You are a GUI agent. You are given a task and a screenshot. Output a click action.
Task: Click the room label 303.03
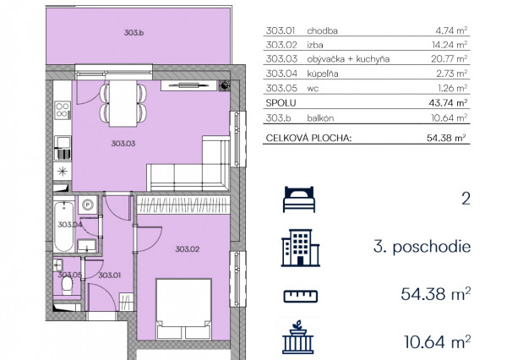pyautogui.click(x=123, y=144)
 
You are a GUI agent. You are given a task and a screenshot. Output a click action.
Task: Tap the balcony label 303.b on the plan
pyautogui.click(x=134, y=33)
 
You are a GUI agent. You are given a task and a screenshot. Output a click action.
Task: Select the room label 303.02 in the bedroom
pyautogui.click(x=188, y=249)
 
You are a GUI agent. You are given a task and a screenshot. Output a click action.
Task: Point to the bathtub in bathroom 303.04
pyautogui.click(x=64, y=226)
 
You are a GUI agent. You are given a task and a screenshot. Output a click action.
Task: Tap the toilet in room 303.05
pyautogui.click(x=67, y=286)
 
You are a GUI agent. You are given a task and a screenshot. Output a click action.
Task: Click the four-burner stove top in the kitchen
pyautogui.click(x=63, y=111)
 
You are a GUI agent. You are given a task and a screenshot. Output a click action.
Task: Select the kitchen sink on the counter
pyautogui.click(x=63, y=148)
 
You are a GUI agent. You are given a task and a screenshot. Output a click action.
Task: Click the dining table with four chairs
pyautogui.click(x=123, y=103)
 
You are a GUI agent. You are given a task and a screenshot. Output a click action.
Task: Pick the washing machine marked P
pyautogui.click(x=88, y=205)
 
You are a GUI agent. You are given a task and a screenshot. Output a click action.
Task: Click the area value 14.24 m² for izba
pyautogui.click(x=450, y=45)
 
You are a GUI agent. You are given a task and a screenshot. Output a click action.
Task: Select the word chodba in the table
pyautogui.click(x=323, y=30)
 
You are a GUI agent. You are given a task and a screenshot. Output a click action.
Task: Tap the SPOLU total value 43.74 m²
pyautogui.click(x=448, y=103)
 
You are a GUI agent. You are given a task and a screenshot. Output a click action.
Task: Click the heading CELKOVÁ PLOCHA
pyautogui.click(x=308, y=138)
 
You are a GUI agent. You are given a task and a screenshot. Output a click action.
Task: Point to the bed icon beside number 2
pyautogui.click(x=299, y=199)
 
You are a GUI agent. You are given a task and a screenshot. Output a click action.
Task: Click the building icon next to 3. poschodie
pyautogui.click(x=300, y=248)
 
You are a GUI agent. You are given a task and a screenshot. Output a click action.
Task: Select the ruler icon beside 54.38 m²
pyautogui.click(x=300, y=297)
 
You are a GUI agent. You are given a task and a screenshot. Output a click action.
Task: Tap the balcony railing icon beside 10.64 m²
pyautogui.click(x=298, y=337)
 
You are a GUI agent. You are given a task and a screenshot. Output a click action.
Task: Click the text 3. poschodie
pyautogui.click(x=422, y=247)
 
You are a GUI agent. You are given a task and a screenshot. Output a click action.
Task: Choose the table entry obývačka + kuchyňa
pyautogui.click(x=348, y=59)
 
